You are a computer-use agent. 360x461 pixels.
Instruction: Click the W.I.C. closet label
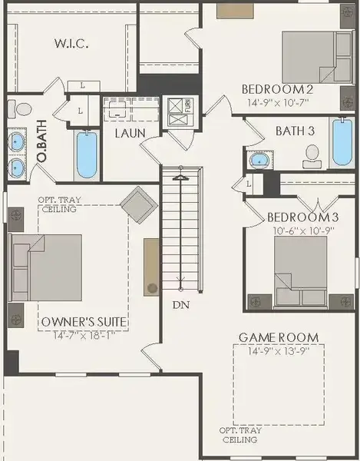pos(72,44)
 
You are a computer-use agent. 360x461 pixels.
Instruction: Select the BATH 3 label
pos(295,131)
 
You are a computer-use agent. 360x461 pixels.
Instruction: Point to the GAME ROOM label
pos(278,337)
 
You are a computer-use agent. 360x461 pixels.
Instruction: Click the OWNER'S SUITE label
pos(84,321)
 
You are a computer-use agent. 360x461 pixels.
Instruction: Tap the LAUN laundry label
pos(130,133)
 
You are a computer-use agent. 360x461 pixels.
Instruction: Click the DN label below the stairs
pos(180,305)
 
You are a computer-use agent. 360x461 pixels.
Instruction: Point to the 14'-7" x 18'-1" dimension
pos(84,335)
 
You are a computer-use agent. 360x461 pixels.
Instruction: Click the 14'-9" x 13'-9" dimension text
pos(278,350)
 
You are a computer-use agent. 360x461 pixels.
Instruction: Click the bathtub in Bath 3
pos(342,142)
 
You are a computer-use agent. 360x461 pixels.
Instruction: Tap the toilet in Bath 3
pos(312,158)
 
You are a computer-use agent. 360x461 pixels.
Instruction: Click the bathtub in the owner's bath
pos(87,154)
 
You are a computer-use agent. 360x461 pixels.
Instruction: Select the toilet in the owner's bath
pos(24,110)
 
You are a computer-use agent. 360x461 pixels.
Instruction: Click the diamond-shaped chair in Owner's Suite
pos(139,204)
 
